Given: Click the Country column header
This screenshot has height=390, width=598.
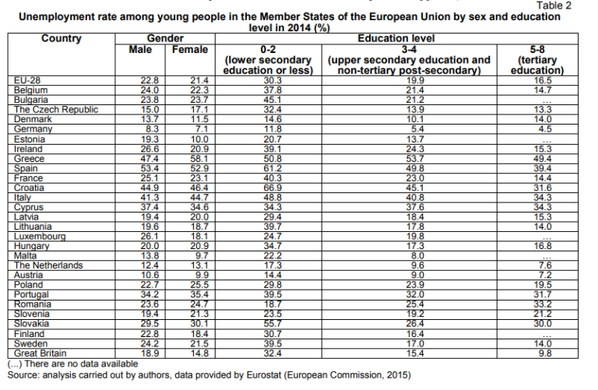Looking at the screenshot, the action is pyautogui.click(x=62, y=38).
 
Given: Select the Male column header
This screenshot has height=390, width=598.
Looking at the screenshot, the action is pyautogui.click(x=140, y=50).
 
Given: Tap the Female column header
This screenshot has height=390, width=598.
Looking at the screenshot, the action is pyautogui.click(x=190, y=50).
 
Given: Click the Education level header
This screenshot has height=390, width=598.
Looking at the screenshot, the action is pyautogui.click(x=396, y=38).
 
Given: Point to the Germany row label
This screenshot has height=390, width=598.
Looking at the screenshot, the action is pyautogui.click(x=33, y=129).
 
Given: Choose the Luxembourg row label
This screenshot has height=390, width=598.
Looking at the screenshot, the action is pyautogui.click(x=40, y=237).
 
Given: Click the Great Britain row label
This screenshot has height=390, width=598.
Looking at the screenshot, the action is pyautogui.click(x=40, y=353).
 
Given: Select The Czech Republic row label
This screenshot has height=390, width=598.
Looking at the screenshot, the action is pyautogui.click(x=56, y=110).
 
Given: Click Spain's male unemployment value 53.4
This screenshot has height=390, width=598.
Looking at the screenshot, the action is pyautogui.click(x=149, y=168).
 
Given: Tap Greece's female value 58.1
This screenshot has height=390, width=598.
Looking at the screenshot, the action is pyautogui.click(x=199, y=159).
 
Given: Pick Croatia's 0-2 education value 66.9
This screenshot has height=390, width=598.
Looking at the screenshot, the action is pyautogui.click(x=273, y=188).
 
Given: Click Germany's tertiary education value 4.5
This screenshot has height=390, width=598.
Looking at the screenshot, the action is pyautogui.click(x=545, y=129).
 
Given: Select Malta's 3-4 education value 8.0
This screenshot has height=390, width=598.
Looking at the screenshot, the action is pyautogui.click(x=417, y=256).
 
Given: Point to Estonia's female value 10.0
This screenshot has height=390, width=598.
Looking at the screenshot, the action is pyautogui.click(x=199, y=139).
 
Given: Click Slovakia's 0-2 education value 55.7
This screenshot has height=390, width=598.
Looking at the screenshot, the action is pyautogui.click(x=273, y=324).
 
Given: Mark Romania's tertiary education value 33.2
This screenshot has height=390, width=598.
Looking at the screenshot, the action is pyautogui.click(x=543, y=304).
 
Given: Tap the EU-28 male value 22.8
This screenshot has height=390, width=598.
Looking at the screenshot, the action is pyautogui.click(x=149, y=80).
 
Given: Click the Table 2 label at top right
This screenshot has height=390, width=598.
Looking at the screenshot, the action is pyautogui.click(x=554, y=5).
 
